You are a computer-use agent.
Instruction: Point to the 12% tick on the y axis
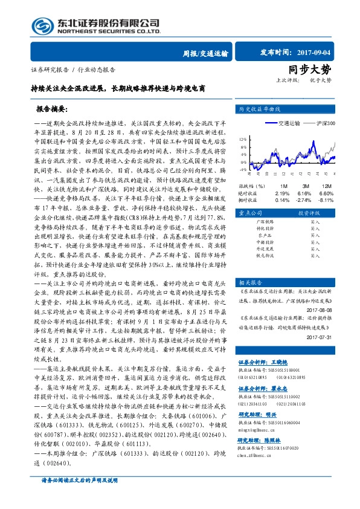(x=242, y=138)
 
